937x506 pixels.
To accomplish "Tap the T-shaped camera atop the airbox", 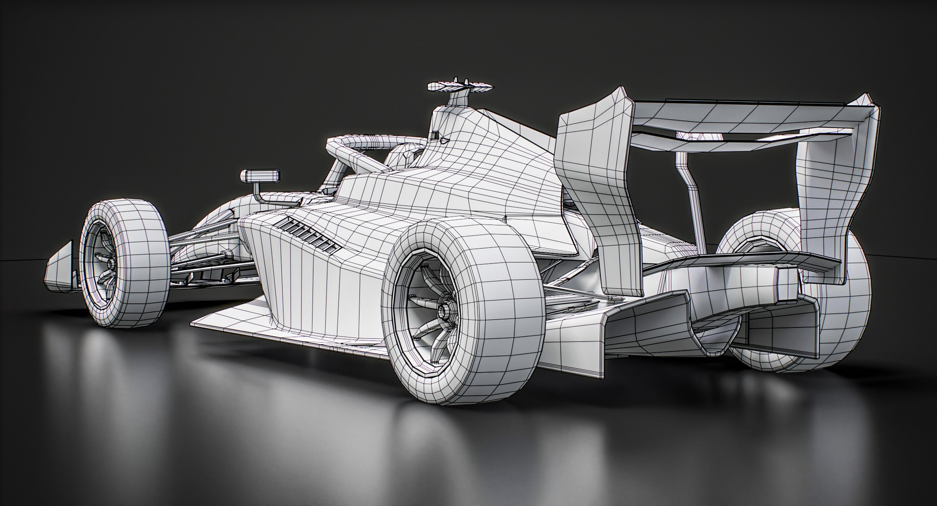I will tap(458, 86).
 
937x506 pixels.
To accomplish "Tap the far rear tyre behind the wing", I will tap(830, 312).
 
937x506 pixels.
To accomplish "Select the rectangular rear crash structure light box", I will tap(787, 285).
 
